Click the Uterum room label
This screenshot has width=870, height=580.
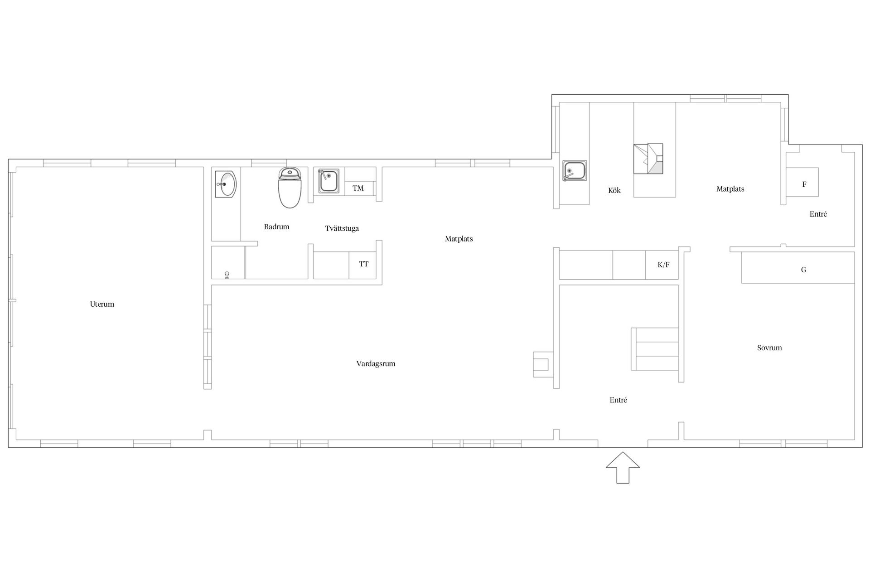click(x=102, y=304)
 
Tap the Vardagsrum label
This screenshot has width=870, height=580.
click(x=376, y=364)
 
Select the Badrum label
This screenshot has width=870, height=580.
click(x=276, y=227)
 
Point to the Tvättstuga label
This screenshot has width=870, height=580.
click(x=342, y=228)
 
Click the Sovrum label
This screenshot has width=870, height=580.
click(x=769, y=348)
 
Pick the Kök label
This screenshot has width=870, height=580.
click(x=614, y=190)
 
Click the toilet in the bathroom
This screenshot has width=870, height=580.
click(x=290, y=187)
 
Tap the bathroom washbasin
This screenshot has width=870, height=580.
click(x=226, y=184)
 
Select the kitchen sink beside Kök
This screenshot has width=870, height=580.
click(x=575, y=170)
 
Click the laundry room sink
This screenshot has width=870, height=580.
click(x=329, y=181)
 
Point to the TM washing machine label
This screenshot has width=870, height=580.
click(x=358, y=188)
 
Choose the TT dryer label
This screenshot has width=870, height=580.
click(x=364, y=264)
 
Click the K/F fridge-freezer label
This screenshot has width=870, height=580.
click(x=663, y=265)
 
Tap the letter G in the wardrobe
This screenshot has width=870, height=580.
click(x=803, y=270)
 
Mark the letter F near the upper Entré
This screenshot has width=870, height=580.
click(x=804, y=184)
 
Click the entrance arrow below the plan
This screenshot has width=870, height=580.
click(x=623, y=467)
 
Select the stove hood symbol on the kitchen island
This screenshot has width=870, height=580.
click(x=648, y=159)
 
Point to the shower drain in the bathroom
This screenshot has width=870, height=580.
click(x=227, y=275)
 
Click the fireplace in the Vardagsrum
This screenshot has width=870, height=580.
click(x=542, y=365)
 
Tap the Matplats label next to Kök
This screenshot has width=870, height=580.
click(x=730, y=189)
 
